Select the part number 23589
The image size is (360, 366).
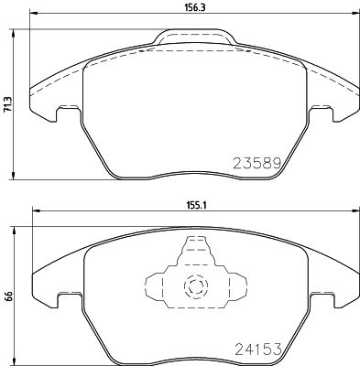[252, 162]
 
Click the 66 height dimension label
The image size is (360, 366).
[7, 296]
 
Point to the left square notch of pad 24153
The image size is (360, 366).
[64, 299]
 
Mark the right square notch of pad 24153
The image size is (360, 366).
[320, 299]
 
